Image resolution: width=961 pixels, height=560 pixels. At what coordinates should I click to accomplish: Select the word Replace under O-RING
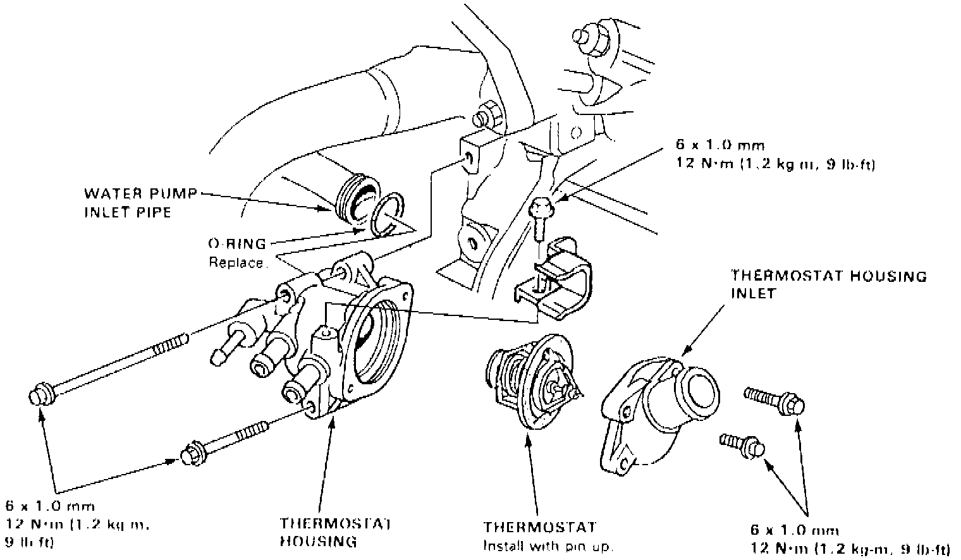236,262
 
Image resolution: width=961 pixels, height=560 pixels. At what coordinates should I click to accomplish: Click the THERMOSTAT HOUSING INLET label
828,284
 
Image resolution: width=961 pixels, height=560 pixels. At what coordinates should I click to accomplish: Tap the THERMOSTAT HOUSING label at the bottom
336,532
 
